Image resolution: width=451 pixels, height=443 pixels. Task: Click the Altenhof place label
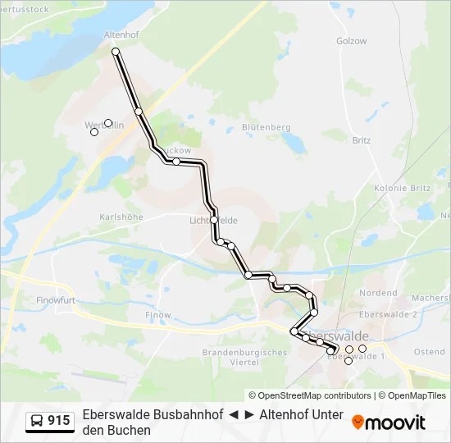point(123,35)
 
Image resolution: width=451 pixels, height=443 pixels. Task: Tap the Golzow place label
point(351,41)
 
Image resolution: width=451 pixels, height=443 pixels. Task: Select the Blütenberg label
point(266,127)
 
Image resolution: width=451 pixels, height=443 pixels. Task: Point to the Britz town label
point(361,140)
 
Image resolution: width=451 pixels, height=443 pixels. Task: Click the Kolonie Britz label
point(402,188)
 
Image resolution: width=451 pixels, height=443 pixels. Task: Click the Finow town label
point(158,315)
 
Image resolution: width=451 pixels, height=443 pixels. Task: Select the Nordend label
point(377,293)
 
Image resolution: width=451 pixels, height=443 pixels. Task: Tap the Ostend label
point(430,352)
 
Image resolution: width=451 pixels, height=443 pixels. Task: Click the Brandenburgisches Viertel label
point(244,357)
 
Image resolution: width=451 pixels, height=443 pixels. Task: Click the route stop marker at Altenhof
point(116,52)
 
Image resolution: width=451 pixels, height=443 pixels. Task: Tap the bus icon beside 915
point(37,421)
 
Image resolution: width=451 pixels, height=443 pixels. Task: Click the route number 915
point(59,421)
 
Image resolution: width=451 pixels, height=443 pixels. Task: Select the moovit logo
point(389,422)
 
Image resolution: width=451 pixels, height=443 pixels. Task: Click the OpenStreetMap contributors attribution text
point(310,395)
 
